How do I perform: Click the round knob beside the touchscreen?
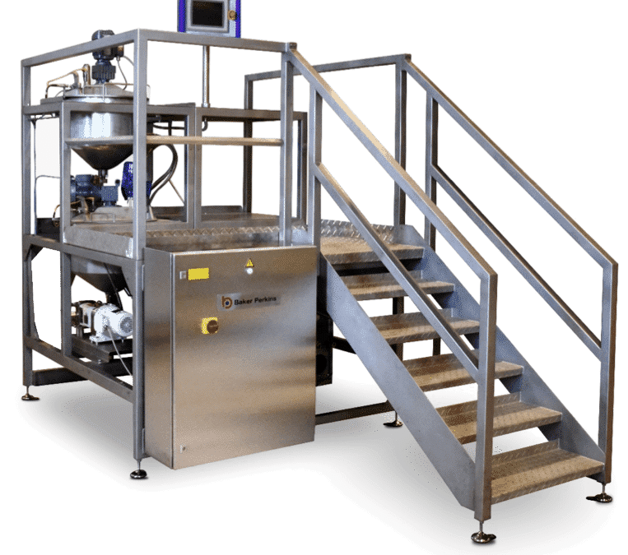point(232,15)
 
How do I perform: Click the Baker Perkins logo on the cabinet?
point(249,301)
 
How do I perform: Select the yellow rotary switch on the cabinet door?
point(209,326)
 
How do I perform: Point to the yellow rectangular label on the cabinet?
point(198,274)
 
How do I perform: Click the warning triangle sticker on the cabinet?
point(249,262)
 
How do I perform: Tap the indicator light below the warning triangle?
point(250,271)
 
